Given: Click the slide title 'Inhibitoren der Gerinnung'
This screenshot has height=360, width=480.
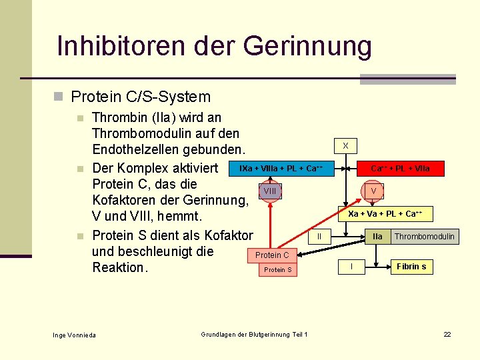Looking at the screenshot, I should pos(214,47).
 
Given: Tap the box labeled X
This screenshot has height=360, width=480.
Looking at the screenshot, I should pos(345,145).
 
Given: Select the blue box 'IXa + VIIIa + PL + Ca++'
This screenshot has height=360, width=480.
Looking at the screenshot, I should pos(281,169).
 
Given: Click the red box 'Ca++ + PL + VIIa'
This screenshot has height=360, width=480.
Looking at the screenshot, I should pos(400,169).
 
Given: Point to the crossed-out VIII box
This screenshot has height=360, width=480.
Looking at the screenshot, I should pos(270,191).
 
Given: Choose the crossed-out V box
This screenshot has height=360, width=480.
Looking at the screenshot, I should pos(374,191).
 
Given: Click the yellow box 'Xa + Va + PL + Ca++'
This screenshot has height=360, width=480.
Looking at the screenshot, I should pos(385,214).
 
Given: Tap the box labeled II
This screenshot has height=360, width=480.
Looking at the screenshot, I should pos(319,236).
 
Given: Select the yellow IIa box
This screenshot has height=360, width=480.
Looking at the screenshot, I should pos(377,236).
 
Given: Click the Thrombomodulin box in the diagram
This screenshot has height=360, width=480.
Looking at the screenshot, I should pos(425,236).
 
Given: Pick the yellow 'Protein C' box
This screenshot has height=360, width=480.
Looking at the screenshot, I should pos(272,255).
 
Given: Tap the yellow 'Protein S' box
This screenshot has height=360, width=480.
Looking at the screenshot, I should pos(278,270).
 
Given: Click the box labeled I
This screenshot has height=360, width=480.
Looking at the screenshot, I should pos(351,267).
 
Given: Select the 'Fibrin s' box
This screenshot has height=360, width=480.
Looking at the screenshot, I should pos(411,267).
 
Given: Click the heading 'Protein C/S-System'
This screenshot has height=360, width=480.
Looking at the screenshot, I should pos(141,97).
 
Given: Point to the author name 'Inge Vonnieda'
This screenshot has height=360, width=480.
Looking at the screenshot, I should pos(74,334).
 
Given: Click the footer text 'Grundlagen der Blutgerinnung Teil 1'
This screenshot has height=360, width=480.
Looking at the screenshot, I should pos(254,334).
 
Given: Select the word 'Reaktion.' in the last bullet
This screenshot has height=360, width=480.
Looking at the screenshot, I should pos(119,267).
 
